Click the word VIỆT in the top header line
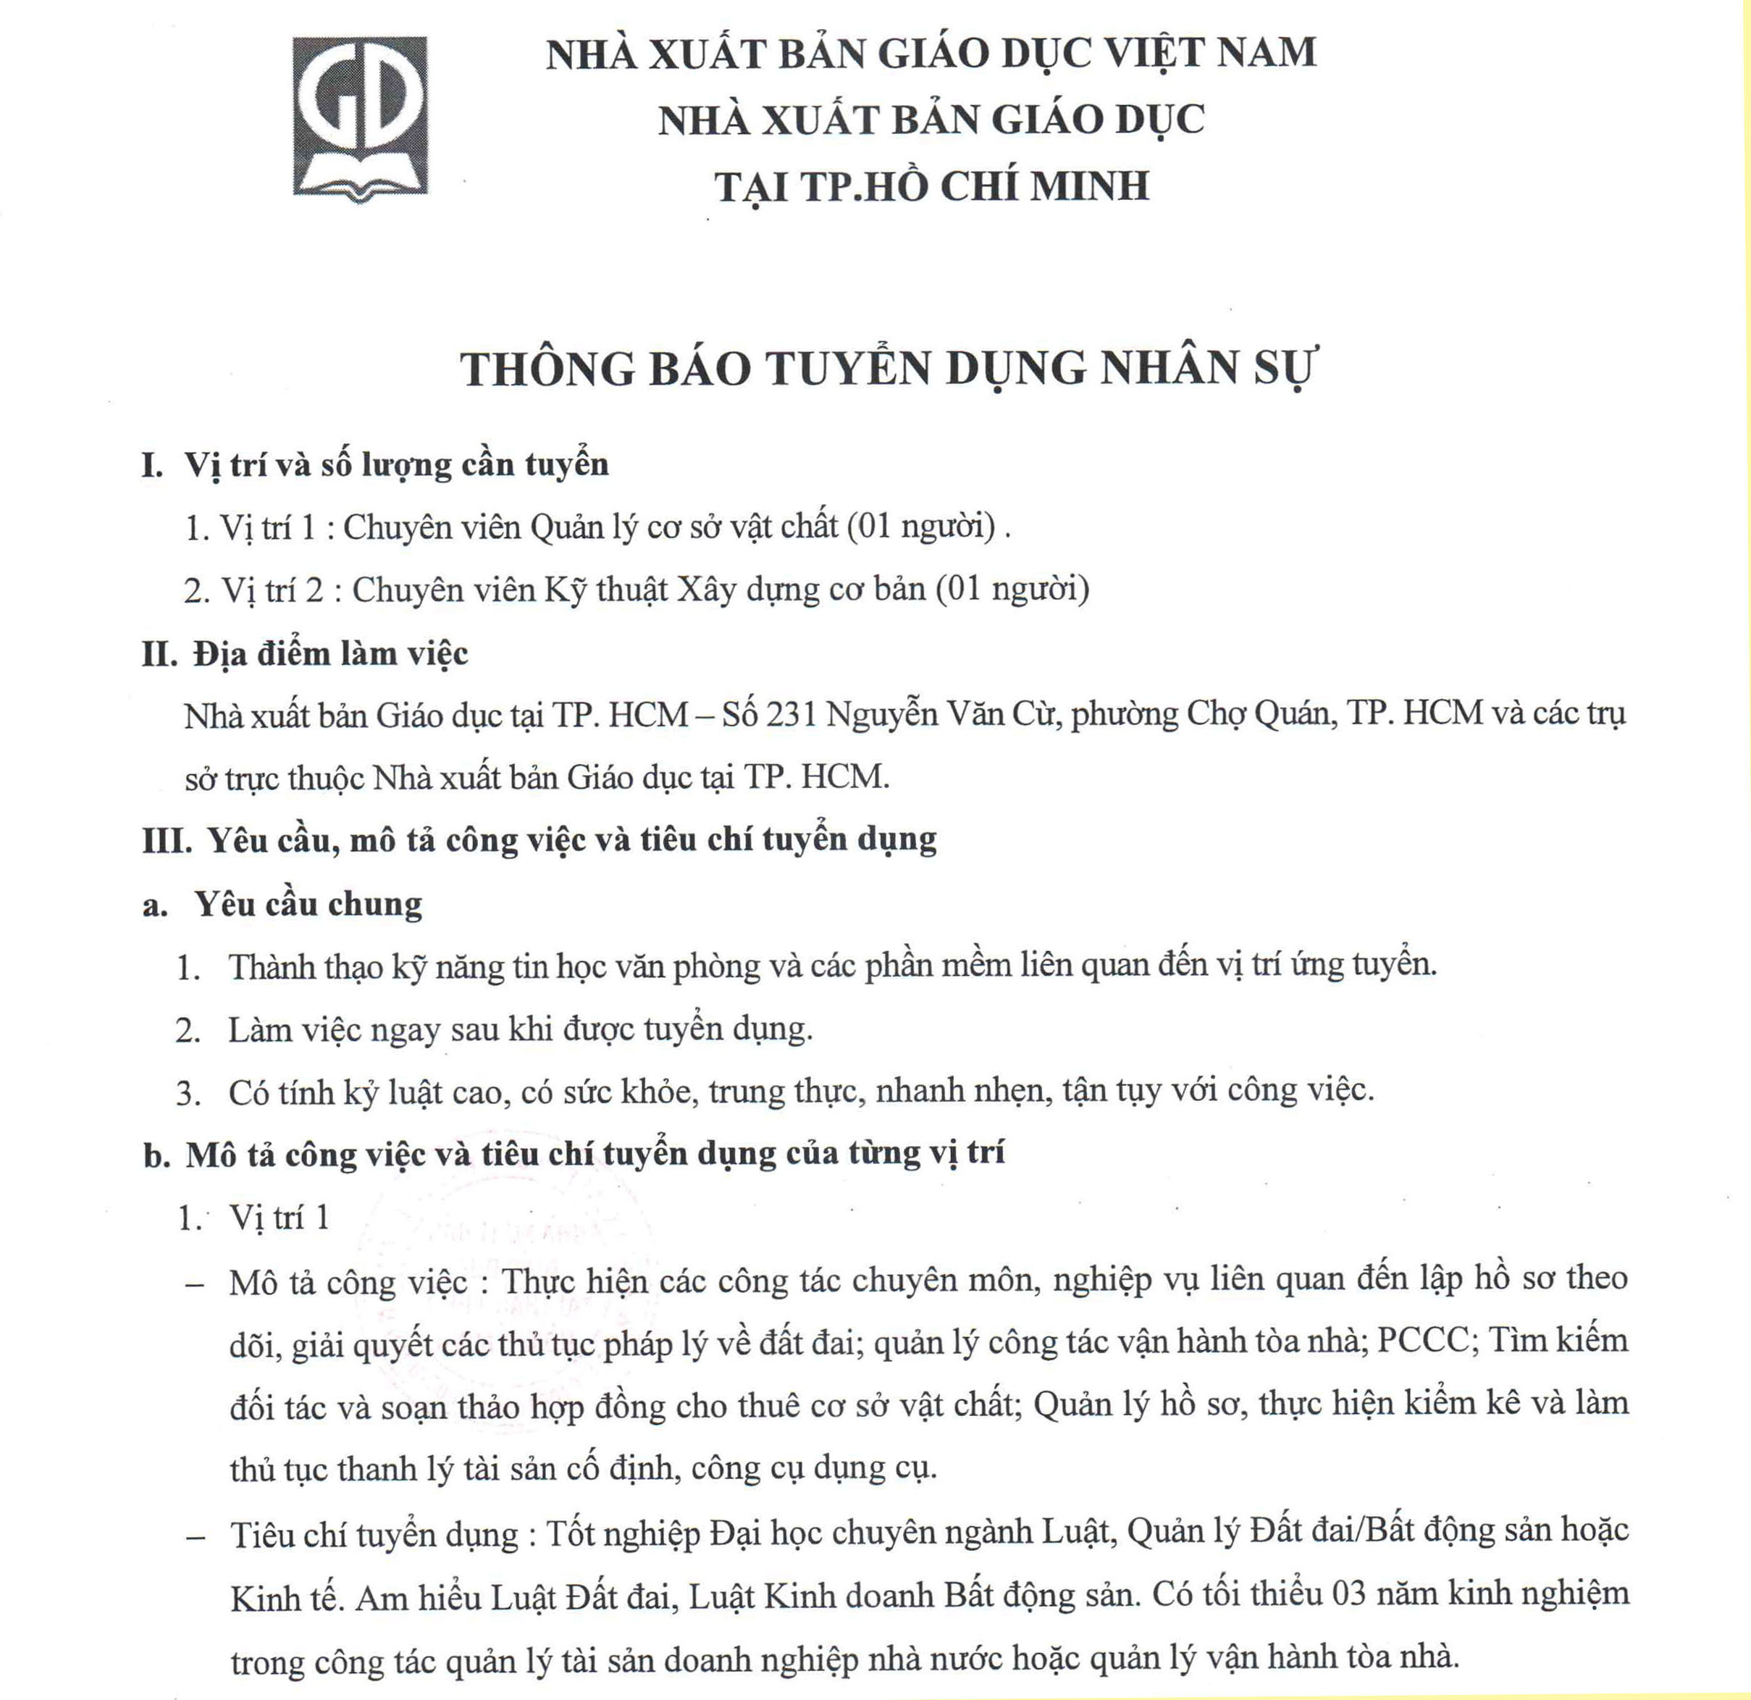point(1149,53)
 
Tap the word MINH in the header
point(1090,186)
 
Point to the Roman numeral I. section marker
point(152,466)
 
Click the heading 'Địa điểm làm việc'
point(330,654)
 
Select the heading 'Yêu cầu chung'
point(308,905)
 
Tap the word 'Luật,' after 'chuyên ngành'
point(1079,1531)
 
